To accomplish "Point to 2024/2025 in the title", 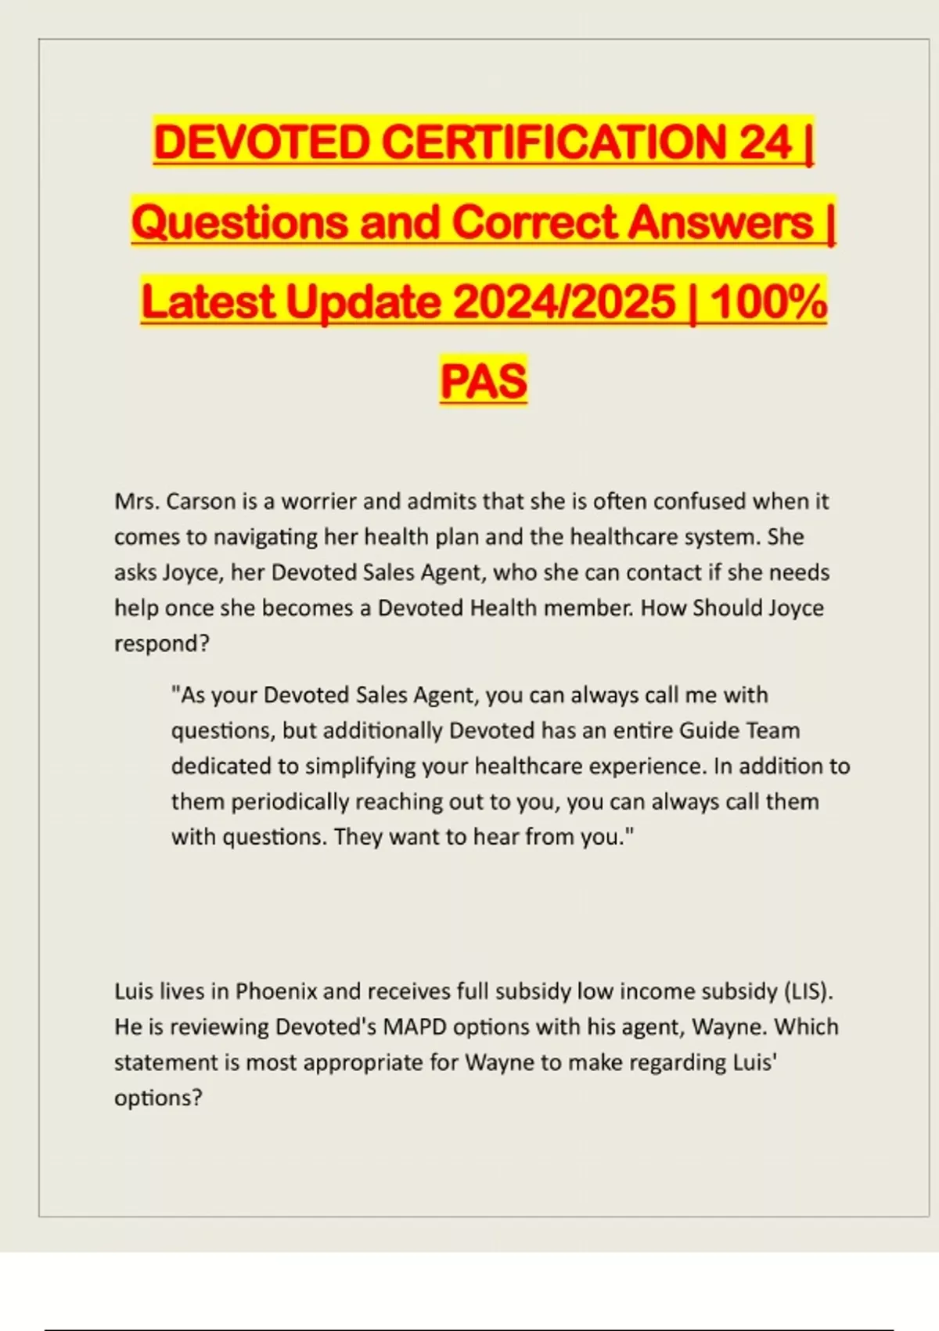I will coord(563,302).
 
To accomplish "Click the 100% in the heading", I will coord(768,302).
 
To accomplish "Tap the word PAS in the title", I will coord(484,381).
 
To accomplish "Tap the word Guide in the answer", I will coord(707,730).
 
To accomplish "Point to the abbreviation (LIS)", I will coord(808,991).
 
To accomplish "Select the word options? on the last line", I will coord(158,1098).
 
